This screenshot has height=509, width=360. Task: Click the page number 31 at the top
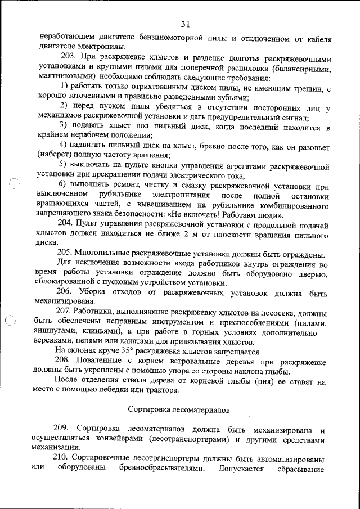click(186, 24)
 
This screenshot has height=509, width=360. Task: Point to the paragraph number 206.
click(65, 293)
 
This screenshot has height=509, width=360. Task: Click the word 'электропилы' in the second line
click(102, 48)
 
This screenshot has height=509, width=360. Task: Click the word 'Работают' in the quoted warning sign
click(232, 215)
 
